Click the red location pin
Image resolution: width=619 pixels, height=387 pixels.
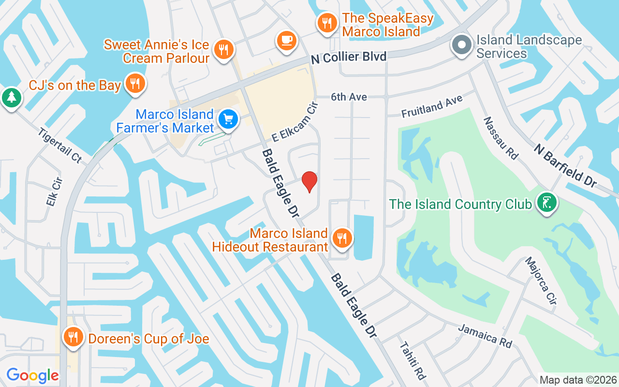coord(309,181)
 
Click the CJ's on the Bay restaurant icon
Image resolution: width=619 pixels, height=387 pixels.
coord(135,84)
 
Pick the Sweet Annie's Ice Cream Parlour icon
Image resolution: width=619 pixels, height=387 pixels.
coord(223,49)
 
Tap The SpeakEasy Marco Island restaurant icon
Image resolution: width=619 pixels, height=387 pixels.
coord(327,23)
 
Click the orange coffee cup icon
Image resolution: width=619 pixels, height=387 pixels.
coord(286,40)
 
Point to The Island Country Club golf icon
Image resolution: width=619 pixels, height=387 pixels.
coord(546,203)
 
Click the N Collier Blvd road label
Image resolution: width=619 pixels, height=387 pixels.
coord(349,58)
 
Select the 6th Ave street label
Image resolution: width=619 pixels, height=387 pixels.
coord(349,97)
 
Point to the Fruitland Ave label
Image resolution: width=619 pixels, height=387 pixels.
coord(432,106)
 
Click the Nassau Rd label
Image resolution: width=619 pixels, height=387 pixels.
coord(501,138)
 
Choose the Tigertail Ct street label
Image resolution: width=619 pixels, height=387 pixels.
coord(60,145)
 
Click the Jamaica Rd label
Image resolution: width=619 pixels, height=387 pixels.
coord(485,336)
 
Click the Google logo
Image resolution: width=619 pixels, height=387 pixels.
coord(32,375)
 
